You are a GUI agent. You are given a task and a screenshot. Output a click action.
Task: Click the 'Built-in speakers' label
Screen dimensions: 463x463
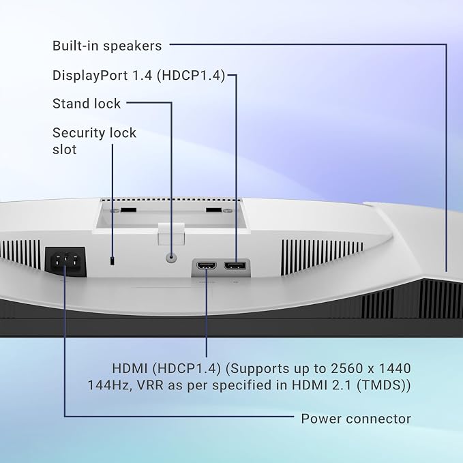[x=107, y=46]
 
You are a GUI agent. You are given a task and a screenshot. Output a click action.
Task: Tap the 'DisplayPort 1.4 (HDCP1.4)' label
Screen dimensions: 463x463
[x=139, y=75]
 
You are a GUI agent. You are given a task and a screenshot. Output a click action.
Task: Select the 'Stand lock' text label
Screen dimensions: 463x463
[x=87, y=104]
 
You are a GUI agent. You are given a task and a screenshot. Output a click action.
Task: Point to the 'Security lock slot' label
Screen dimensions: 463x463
[x=94, y=141]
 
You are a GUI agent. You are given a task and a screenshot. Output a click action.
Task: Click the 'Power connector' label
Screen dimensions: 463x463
[x=356, y=419]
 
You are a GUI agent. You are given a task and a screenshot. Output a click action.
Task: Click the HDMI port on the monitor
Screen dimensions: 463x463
[x=207, y=266]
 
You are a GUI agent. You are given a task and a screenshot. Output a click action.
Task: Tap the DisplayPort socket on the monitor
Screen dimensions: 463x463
[x=235, y=266]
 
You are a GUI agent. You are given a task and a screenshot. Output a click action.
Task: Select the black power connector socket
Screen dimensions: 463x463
[x=65, y=262]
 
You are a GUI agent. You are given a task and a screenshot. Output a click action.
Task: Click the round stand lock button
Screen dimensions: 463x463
[x=171, y=257]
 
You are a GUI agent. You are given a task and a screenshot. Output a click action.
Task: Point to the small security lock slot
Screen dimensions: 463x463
[x=113, y=260]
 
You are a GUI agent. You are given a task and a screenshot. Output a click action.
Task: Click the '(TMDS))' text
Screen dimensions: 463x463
[x=384, y=385]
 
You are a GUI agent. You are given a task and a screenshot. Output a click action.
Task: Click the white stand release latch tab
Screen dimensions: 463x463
[x=171, y=234]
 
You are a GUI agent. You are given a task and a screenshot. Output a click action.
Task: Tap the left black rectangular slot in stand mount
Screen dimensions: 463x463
[x=128, y=210]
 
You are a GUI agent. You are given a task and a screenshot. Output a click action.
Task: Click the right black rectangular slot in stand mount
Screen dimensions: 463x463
[x=213, y=210]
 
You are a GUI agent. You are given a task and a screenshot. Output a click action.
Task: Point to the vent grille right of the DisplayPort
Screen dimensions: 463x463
[x=322, y=257]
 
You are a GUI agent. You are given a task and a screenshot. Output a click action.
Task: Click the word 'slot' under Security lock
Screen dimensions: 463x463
[x=64, y=149]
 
